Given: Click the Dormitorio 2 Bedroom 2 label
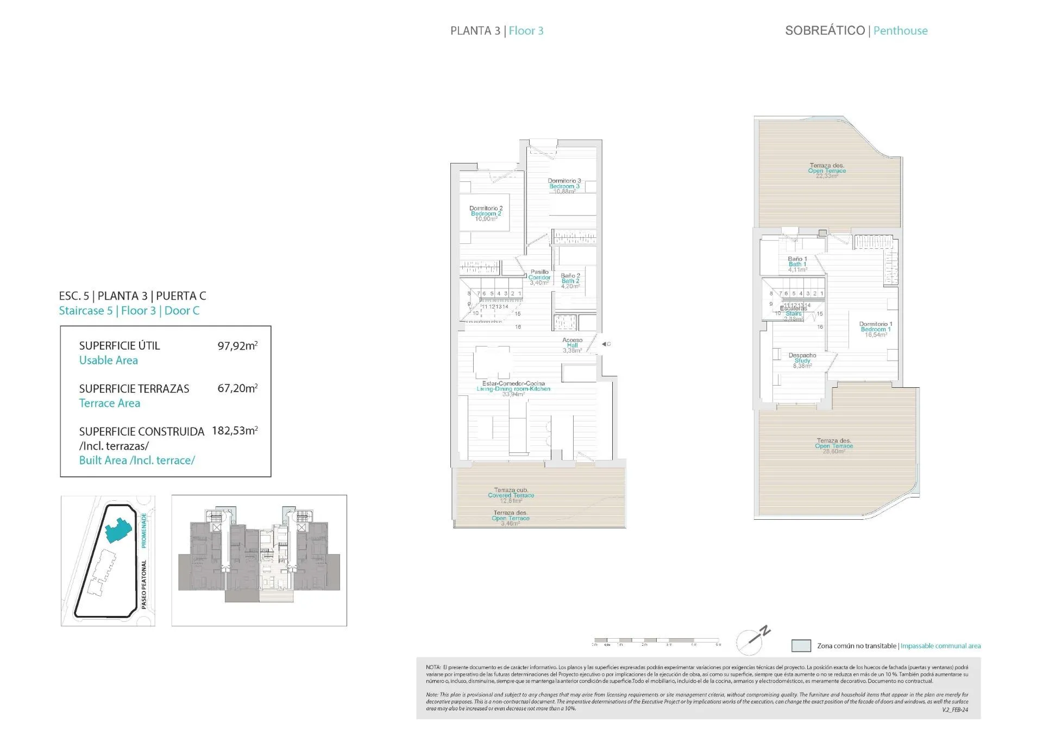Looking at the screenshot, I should (x=486, y=213).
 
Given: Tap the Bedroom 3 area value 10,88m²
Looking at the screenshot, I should (x=564, y=192).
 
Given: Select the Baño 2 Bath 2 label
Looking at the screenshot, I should (x=570, y=279).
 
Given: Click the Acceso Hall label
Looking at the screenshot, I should (x=573, y=343).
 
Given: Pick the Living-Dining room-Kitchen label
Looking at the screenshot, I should (x=513, y=386).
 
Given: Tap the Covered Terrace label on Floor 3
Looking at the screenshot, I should (x=511, y=493).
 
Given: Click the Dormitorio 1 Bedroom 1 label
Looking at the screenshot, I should (x=875, y=327).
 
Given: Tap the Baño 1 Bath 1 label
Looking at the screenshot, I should (x=797, y=262).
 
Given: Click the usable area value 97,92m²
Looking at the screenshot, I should (x=237, y=345).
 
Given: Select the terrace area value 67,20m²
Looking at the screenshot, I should (x=237, y=388).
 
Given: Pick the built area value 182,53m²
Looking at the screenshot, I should (x=235, y=431).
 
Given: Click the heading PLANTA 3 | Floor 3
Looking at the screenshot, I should (x=497, y=31).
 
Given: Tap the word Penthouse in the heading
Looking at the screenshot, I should (x=900, y=31).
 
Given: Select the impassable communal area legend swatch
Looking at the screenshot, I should (x=801, y=646).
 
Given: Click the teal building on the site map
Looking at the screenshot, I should (x=118, y=531).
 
